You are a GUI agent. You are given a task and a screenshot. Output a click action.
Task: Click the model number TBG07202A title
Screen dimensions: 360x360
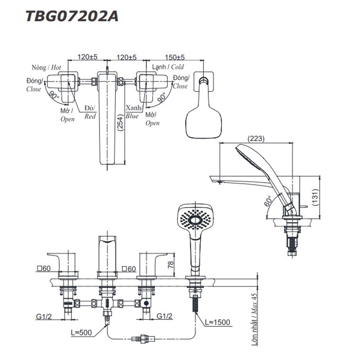click(72, 16)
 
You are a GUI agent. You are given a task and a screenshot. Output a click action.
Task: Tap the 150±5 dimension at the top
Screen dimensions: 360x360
click(175, 57)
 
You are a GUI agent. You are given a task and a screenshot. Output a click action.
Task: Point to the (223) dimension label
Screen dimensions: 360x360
click(256, 139)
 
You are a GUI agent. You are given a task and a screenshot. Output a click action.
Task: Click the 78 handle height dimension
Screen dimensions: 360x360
click(171, 265)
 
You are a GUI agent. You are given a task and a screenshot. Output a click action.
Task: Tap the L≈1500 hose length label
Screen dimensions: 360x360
click(217, 322)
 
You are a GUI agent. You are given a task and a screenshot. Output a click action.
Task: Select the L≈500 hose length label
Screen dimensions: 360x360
click(81, 332)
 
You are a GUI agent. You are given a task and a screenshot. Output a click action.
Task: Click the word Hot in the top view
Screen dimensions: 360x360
click(56, 67)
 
